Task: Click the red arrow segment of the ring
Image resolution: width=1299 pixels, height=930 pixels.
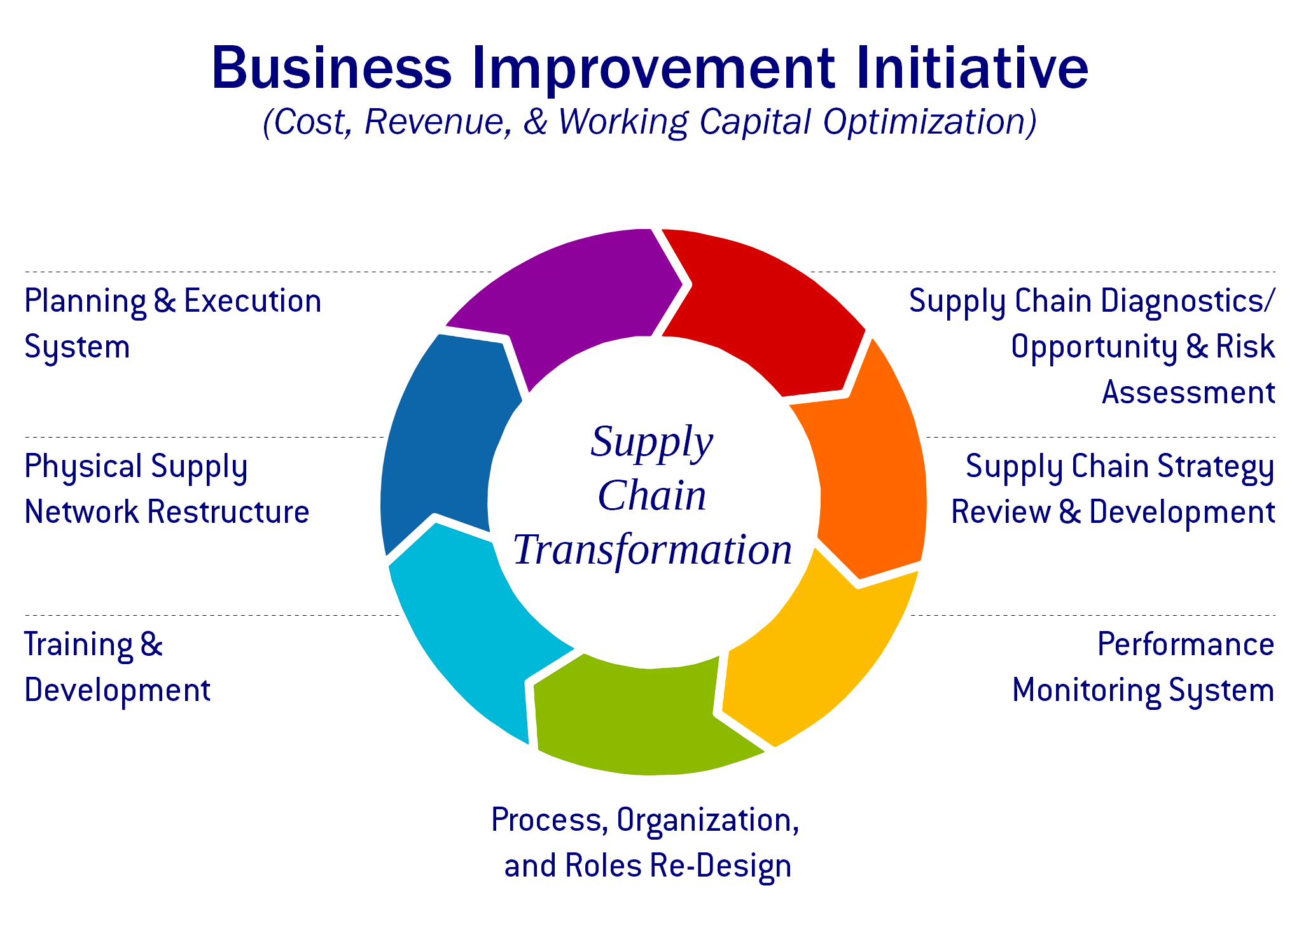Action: click(763, 305)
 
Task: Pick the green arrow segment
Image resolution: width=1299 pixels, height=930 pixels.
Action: click(643, 719)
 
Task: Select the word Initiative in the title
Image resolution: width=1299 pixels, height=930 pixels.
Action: click(972, 67)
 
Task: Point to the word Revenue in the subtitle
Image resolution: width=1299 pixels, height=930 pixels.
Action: click(438, 121)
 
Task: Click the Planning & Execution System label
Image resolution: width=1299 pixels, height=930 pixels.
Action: click(172, 324)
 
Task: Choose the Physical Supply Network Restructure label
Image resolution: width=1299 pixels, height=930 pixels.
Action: click(167, 489)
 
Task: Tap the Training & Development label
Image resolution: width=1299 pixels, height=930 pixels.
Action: click(117, 667)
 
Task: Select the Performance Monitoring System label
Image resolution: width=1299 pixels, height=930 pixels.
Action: click(1143, 667)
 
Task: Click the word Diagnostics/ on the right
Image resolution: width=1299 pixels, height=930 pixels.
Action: click(1188, 302)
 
